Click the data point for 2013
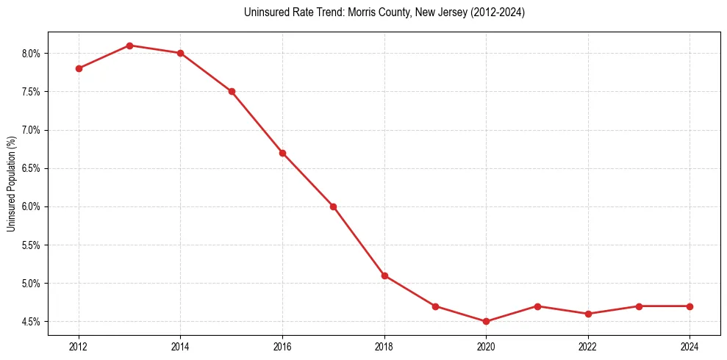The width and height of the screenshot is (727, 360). pyautogui.click(x=129, y=46)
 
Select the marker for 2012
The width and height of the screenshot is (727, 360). pyautogui.click(x=79, y=68)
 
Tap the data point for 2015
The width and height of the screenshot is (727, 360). pyautogui.click(x=232, y=91)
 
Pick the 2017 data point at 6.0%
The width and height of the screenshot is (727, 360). pyautogui.click(x=333, y=206)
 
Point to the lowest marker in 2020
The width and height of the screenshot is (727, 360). pyautogui.click(x=486, y=321)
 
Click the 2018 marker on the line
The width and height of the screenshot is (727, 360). pyautogui.click(x=384, y=276)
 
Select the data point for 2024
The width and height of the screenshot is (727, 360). pyautogui.click(x=690, y=306)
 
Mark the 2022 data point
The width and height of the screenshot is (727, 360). pyautogui.click(x=588, y=314)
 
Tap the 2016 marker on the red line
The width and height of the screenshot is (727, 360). pyautogui.click(x=282, y=153)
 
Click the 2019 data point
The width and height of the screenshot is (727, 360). pyautogui.click(x=435, y=306)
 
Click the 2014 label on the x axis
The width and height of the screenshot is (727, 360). pyautogui.click(x=180, y=345)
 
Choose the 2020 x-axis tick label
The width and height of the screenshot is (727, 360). pyautogui.click(x=486, y=345)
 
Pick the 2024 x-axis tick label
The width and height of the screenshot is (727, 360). pyautogui.click(x=690, y=345)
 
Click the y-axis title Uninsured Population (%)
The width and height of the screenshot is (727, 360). pyautogui.click(x=11, y=183)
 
